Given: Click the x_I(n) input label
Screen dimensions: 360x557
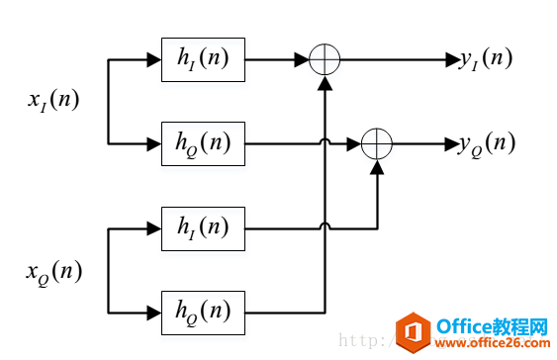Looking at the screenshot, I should (x=53, y=102).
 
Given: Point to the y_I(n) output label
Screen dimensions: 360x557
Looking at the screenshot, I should (x=485, y=59).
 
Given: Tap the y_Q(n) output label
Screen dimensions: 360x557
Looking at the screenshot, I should (x=487, y=143).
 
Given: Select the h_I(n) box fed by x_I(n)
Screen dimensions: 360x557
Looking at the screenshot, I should (x=203, y=60).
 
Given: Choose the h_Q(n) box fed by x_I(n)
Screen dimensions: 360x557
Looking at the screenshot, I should (x=203, y=144).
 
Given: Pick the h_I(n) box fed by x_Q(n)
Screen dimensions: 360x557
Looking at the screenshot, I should (x=203, y=228).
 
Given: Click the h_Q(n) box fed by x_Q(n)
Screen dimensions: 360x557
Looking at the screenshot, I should (x=203, y=313).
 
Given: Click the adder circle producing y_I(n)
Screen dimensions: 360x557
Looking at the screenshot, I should (x=325, y=60).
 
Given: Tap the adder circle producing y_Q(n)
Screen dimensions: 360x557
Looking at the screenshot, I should (x=377, y=144).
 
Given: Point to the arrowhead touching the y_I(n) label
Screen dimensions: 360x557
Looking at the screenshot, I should (x=450, y=60).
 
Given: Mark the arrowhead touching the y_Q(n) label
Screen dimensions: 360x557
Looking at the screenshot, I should (x=450, y=144).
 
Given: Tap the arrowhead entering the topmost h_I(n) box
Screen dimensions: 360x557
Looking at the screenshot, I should (x=154, y=60).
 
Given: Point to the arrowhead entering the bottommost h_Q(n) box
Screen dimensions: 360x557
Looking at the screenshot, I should (x=154, y=313).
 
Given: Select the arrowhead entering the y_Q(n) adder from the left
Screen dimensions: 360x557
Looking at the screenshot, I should (x=355, y=144).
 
